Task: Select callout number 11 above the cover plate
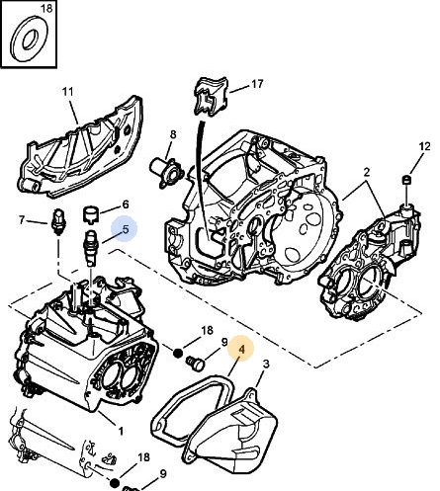68,91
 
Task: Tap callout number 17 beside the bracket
258,84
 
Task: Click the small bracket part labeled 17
212,96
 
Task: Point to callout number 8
173,134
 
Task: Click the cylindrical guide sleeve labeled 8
167,172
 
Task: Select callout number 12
425,146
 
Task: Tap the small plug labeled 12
408,180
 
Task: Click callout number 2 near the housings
367,172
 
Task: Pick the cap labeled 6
90,214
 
